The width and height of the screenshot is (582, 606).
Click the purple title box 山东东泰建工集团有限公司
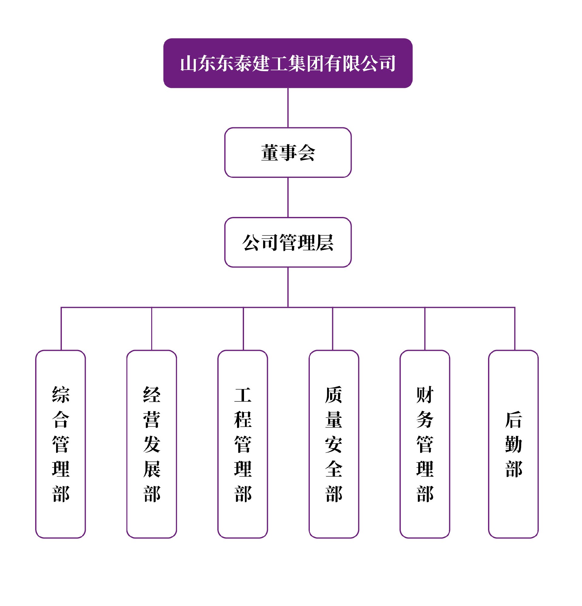288,63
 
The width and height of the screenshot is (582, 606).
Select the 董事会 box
288,152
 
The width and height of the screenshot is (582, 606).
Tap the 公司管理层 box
288,242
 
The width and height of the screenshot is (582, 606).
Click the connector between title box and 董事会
288,108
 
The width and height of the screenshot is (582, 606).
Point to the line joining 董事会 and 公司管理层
288,197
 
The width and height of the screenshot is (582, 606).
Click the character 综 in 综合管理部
61,395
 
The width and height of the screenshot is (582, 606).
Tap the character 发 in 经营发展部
152,444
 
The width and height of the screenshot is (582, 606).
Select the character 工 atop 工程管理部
243,395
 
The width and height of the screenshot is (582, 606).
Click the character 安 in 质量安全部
334,444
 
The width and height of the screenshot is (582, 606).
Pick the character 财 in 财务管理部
425,395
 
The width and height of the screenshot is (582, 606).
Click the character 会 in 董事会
306,153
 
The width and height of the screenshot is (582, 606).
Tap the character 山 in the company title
188,64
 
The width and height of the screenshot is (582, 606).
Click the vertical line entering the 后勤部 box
515,329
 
